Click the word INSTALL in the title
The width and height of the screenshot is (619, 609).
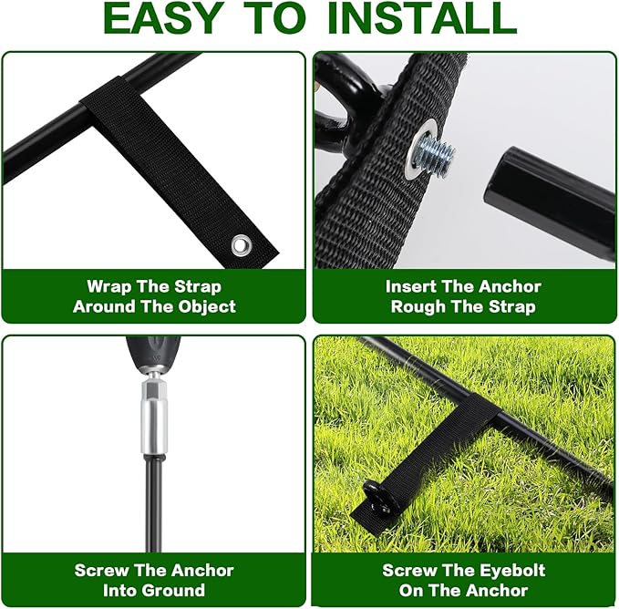(422, 18)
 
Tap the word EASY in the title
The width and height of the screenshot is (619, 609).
(161, 18)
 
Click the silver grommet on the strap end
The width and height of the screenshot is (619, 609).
(242, 244)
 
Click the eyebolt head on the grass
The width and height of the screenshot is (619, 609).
(377, 496)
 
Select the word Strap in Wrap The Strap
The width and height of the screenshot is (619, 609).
(198, 287)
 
